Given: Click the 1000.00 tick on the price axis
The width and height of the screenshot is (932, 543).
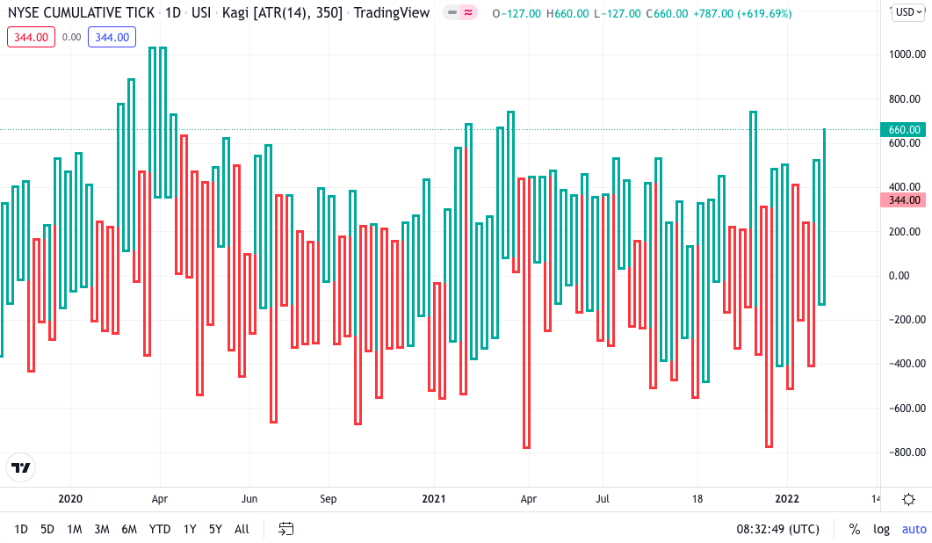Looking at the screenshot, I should pos(904,54).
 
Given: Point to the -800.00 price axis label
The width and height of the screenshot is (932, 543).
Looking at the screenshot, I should pos(904,452).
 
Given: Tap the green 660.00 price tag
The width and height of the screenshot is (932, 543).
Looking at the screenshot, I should pos(904,130).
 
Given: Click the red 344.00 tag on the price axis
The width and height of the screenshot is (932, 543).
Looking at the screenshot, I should pos(904,200).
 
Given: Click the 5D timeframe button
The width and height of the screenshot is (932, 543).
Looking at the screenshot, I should pos(47,529).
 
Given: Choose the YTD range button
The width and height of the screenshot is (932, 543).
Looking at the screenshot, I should pos(160,529).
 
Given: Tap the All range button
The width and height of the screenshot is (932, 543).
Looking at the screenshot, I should pos(242,529).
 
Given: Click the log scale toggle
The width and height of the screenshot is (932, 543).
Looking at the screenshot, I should pos(881,529).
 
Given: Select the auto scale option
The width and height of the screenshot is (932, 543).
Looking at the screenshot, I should pos(914,529).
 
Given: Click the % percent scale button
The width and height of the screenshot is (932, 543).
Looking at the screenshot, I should pos(854,529).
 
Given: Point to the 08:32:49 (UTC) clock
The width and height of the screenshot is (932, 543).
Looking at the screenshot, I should pos(777,529).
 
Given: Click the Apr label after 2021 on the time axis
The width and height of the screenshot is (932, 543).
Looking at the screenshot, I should pos(527,499).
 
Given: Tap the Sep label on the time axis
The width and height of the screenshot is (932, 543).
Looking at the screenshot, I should pos(328,499).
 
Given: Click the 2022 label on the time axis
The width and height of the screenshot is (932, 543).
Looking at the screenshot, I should pos(786,499).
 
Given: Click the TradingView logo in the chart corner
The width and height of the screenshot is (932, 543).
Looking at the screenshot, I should pos(21,468).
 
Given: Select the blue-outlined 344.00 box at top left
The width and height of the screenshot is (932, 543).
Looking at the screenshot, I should pos(112,37).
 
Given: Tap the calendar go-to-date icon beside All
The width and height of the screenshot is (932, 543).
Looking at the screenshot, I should pos(285,529).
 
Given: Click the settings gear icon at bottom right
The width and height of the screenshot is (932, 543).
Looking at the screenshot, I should pos(909,499).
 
